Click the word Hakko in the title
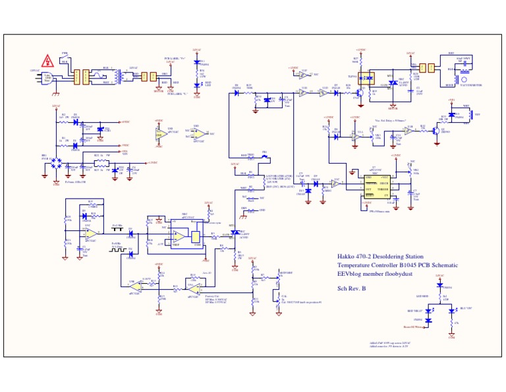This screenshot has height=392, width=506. (x=347, y=256)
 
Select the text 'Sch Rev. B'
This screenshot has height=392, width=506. (x=352, y=288)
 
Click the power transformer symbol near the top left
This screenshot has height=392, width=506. (x=118, y=76)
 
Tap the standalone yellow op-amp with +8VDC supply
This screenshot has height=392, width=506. (x=159, y=135)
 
